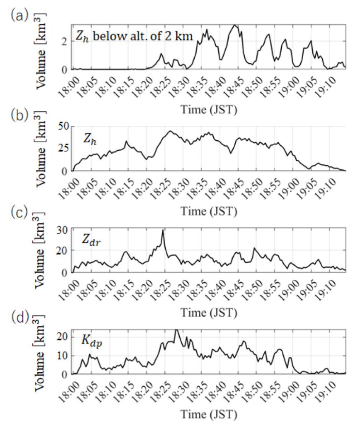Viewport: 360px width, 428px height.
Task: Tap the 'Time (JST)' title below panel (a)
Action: [x=208, y=109]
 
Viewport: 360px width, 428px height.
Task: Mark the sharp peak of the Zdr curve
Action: [x=163, y=231]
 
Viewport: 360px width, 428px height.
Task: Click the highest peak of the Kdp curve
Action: [x=176, y=330]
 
